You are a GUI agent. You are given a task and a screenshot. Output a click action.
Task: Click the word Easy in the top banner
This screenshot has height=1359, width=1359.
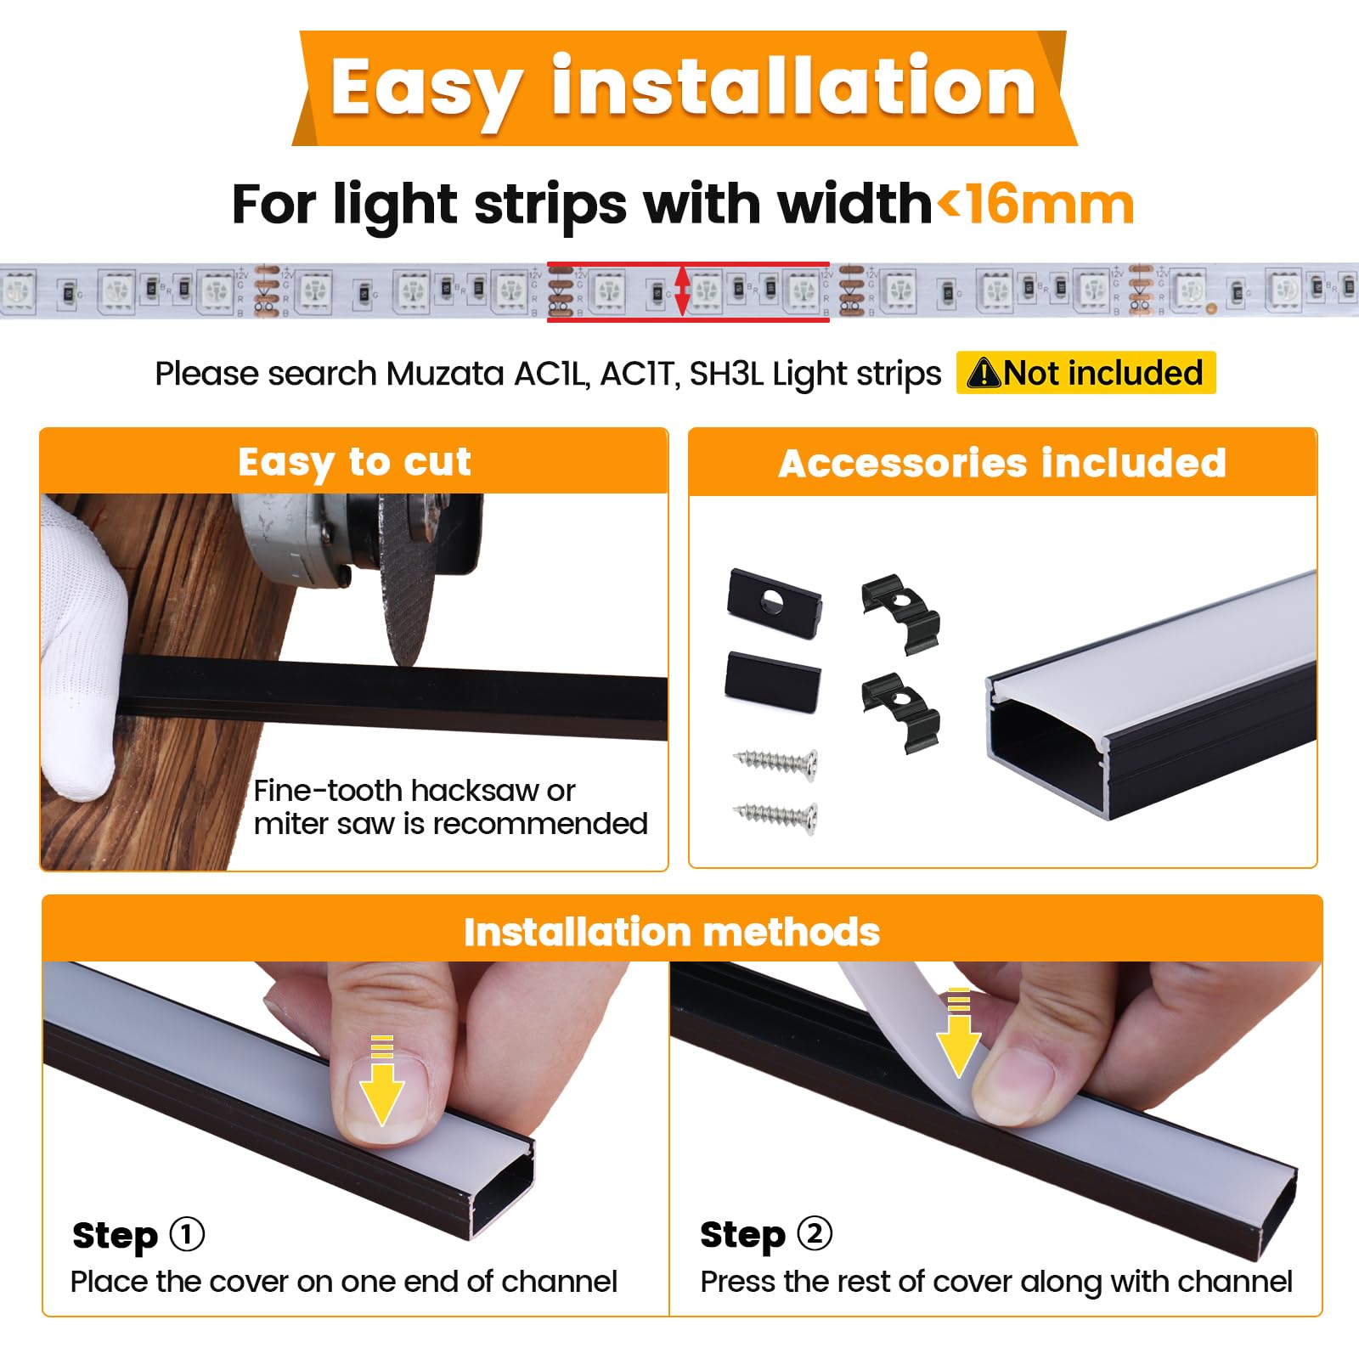click(x=425, y=89)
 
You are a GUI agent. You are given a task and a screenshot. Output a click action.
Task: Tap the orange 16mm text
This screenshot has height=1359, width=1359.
click(x=1050, y=206)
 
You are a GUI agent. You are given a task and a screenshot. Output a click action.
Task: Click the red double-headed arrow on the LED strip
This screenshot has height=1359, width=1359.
click(x=681, y=290)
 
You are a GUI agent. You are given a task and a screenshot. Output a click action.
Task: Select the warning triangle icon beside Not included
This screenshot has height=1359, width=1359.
click(x=984, y=373)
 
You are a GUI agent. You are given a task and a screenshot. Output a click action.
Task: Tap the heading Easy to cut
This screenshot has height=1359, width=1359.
click(x=353, y=462)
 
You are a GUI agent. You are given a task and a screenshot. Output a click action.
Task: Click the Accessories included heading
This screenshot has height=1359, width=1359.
click(x=1002, y=464)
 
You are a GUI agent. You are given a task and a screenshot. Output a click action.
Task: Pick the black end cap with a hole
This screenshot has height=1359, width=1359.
click(x=774, y=602)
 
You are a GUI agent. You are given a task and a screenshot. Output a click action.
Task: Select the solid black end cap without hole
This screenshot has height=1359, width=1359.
click(x=772, y=680)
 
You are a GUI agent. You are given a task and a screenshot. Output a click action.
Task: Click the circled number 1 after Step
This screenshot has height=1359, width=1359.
click(x=187, y=1234)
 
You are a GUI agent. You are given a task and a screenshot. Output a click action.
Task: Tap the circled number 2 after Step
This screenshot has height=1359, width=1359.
click(x=815, y=1233)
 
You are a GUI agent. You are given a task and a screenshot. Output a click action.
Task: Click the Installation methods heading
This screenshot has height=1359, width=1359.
click(x=671, y=932)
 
